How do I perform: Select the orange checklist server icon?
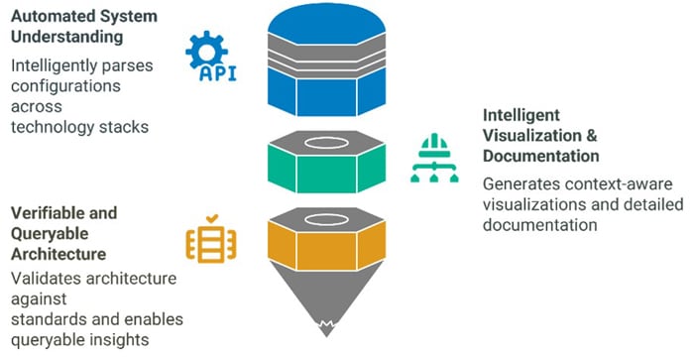point(211,240)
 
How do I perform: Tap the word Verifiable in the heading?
point(49,213)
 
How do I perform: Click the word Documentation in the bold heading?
point(541,156)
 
